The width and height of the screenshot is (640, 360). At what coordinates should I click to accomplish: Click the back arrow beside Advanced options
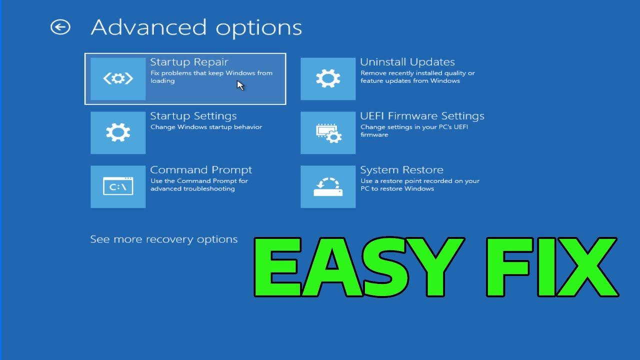[60, 27]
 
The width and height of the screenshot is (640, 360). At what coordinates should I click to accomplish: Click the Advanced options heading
[196, 27]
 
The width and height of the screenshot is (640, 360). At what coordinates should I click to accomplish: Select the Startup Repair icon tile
[118, 78]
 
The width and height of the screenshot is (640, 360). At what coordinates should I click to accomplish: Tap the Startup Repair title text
[189, 62]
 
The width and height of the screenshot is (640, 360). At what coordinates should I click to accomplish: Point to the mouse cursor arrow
[240, 84]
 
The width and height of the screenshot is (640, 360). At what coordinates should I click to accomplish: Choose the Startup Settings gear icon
[118, 132]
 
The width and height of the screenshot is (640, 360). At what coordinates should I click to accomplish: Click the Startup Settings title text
[193, 116]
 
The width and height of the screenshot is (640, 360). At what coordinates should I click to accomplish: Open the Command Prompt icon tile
[118, 186]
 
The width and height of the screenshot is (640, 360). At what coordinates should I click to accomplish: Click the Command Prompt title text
[201, 170]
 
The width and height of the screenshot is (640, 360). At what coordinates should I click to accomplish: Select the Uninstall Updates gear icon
[328, 78]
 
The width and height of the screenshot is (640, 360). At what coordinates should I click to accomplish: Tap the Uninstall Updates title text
[407, 62]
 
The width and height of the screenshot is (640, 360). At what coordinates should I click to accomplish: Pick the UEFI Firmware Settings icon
[328, 132]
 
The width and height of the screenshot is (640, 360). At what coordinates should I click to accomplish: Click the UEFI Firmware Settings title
[422, 116]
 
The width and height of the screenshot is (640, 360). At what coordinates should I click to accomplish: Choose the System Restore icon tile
[328, 186]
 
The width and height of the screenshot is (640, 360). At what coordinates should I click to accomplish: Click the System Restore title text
[401, 170]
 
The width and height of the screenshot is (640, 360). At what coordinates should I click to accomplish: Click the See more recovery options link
[163, 239]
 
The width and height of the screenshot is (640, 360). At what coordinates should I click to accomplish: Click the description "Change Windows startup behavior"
[206, 127]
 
